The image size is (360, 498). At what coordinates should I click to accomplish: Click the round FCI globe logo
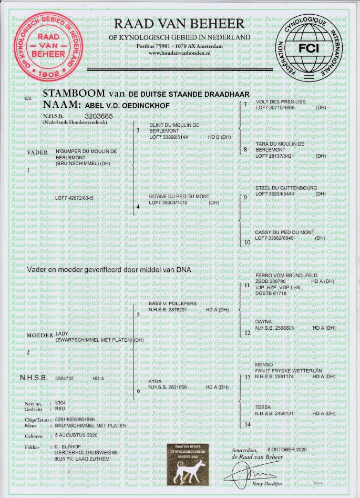311,47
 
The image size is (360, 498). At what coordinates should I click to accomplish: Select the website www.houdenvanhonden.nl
179,53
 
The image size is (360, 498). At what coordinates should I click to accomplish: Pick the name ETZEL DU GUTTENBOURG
287,188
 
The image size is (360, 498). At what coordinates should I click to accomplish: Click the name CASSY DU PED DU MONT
284,232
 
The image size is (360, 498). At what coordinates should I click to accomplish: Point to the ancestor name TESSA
263,407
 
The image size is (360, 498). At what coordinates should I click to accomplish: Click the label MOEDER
39,335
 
